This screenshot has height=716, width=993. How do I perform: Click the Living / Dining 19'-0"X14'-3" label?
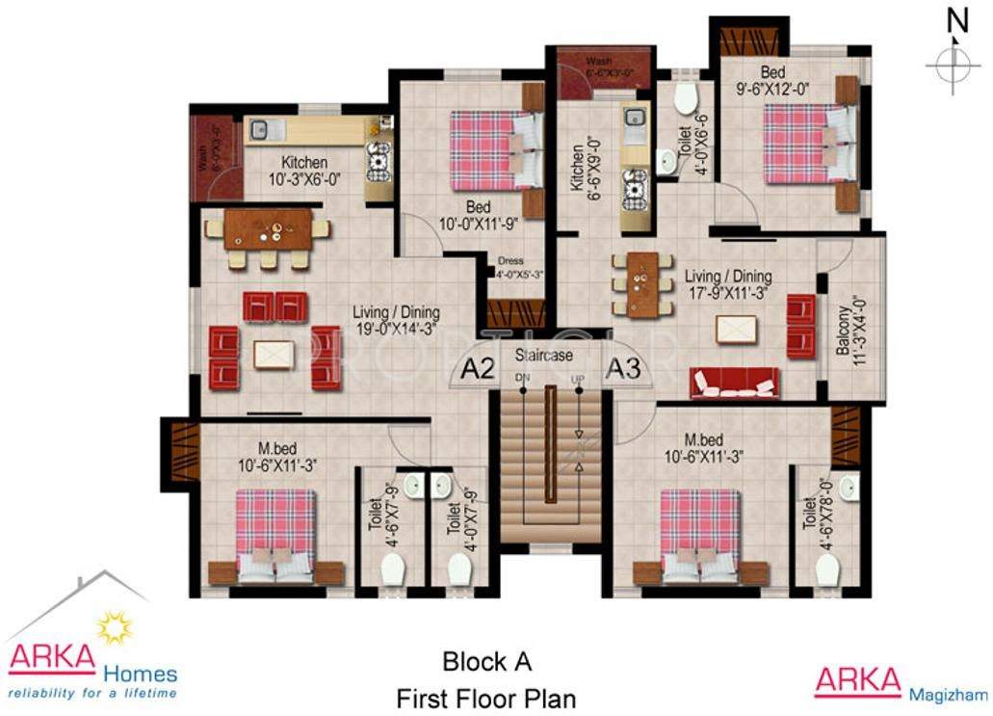[x=396, y=320]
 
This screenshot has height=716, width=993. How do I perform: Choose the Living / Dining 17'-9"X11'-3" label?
[x=728, y=284]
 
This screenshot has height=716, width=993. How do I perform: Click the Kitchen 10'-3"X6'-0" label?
[x=304, y=171]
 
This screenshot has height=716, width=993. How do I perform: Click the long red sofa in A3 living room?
[x=735, y=383]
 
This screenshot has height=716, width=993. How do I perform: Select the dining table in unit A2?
[x=268, y=230]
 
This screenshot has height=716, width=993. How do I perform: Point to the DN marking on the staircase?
[x=523, y=378]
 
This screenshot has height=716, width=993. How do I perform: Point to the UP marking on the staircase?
[x=578, y=378]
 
